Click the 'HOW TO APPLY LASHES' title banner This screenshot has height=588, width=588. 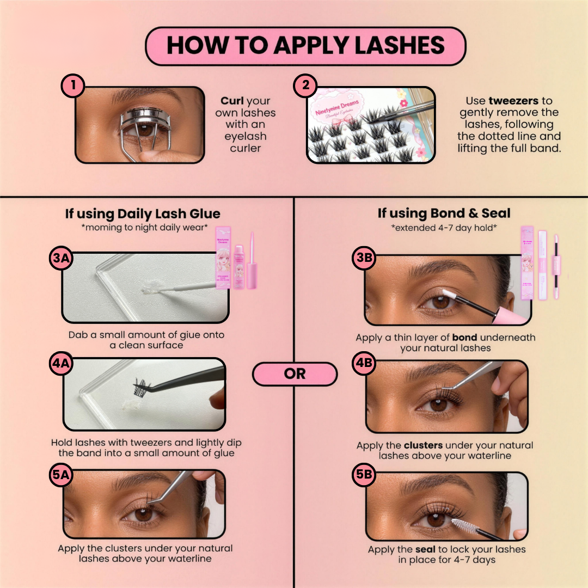point(305,46)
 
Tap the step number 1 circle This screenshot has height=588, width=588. point(72,86)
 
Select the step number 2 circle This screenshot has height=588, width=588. point(305,86)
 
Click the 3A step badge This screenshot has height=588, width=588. point(61,259)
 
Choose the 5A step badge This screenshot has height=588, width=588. point(61,475)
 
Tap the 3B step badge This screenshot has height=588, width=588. point(364,259)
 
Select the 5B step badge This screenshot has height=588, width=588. point(364,475)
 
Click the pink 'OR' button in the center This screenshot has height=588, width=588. point(295,375)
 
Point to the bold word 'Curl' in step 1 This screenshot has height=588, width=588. point(232,101)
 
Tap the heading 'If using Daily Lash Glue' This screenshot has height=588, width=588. point(143,214)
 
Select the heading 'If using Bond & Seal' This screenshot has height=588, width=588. point(444,213)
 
